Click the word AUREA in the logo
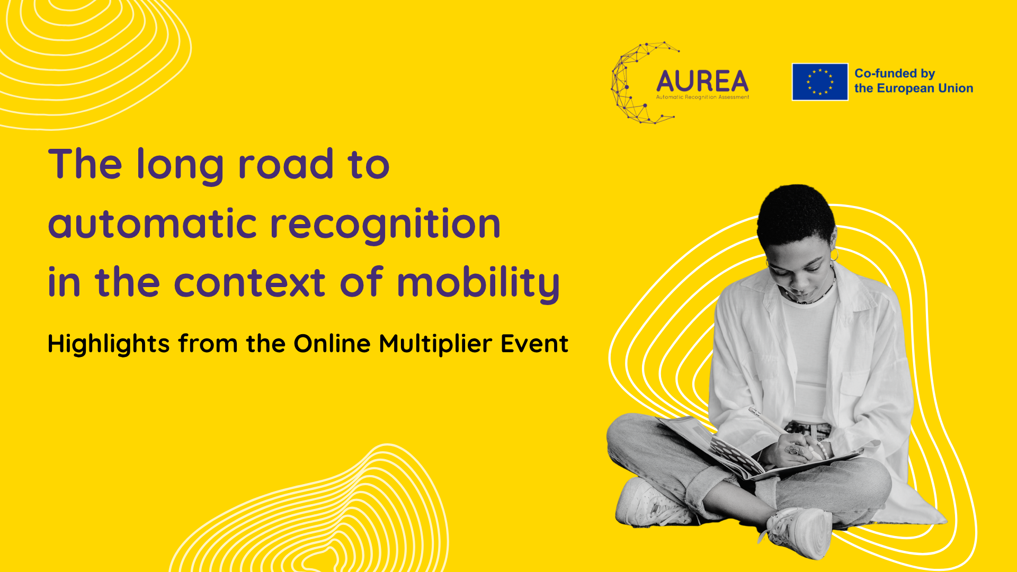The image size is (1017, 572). coord(702,82)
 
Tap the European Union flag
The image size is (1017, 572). coord(819,82)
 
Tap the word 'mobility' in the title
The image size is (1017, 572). coord(478,283)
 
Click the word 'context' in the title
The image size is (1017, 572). coord(249,283)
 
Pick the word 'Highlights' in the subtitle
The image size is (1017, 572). coord(109,344)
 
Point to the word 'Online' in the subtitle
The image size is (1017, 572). coord(332,344)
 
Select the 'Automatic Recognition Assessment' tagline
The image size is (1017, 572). coord(702,97)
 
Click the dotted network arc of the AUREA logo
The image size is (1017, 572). coord(625,85)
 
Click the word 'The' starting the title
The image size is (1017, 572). coord(85,164)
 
